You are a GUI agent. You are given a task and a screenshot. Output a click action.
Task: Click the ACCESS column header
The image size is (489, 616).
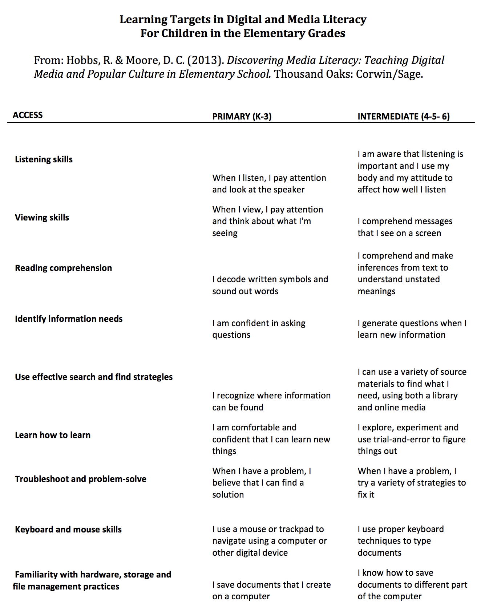28,115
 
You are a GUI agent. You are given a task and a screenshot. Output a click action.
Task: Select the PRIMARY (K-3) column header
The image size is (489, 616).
242,117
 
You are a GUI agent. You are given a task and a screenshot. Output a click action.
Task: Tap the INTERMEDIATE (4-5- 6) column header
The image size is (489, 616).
404,117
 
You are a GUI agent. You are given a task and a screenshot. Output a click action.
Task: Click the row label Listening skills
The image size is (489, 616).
44,159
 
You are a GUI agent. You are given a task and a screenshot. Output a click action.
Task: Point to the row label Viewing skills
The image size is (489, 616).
42,218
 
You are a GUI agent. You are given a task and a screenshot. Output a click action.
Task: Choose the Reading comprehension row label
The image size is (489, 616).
63,268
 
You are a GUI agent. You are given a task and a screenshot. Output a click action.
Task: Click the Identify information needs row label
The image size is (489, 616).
69,319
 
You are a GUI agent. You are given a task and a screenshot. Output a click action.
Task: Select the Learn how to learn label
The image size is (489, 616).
53,435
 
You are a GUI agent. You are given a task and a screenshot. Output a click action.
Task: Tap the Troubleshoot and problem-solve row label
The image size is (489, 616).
80,479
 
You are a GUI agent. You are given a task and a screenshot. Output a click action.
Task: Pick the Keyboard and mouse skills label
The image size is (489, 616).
68,530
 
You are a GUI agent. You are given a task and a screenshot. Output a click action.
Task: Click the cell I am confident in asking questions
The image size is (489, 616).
259,329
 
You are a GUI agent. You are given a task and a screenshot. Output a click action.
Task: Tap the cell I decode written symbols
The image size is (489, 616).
270,285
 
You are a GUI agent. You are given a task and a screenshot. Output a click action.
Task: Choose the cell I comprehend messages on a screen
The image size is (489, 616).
405,227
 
